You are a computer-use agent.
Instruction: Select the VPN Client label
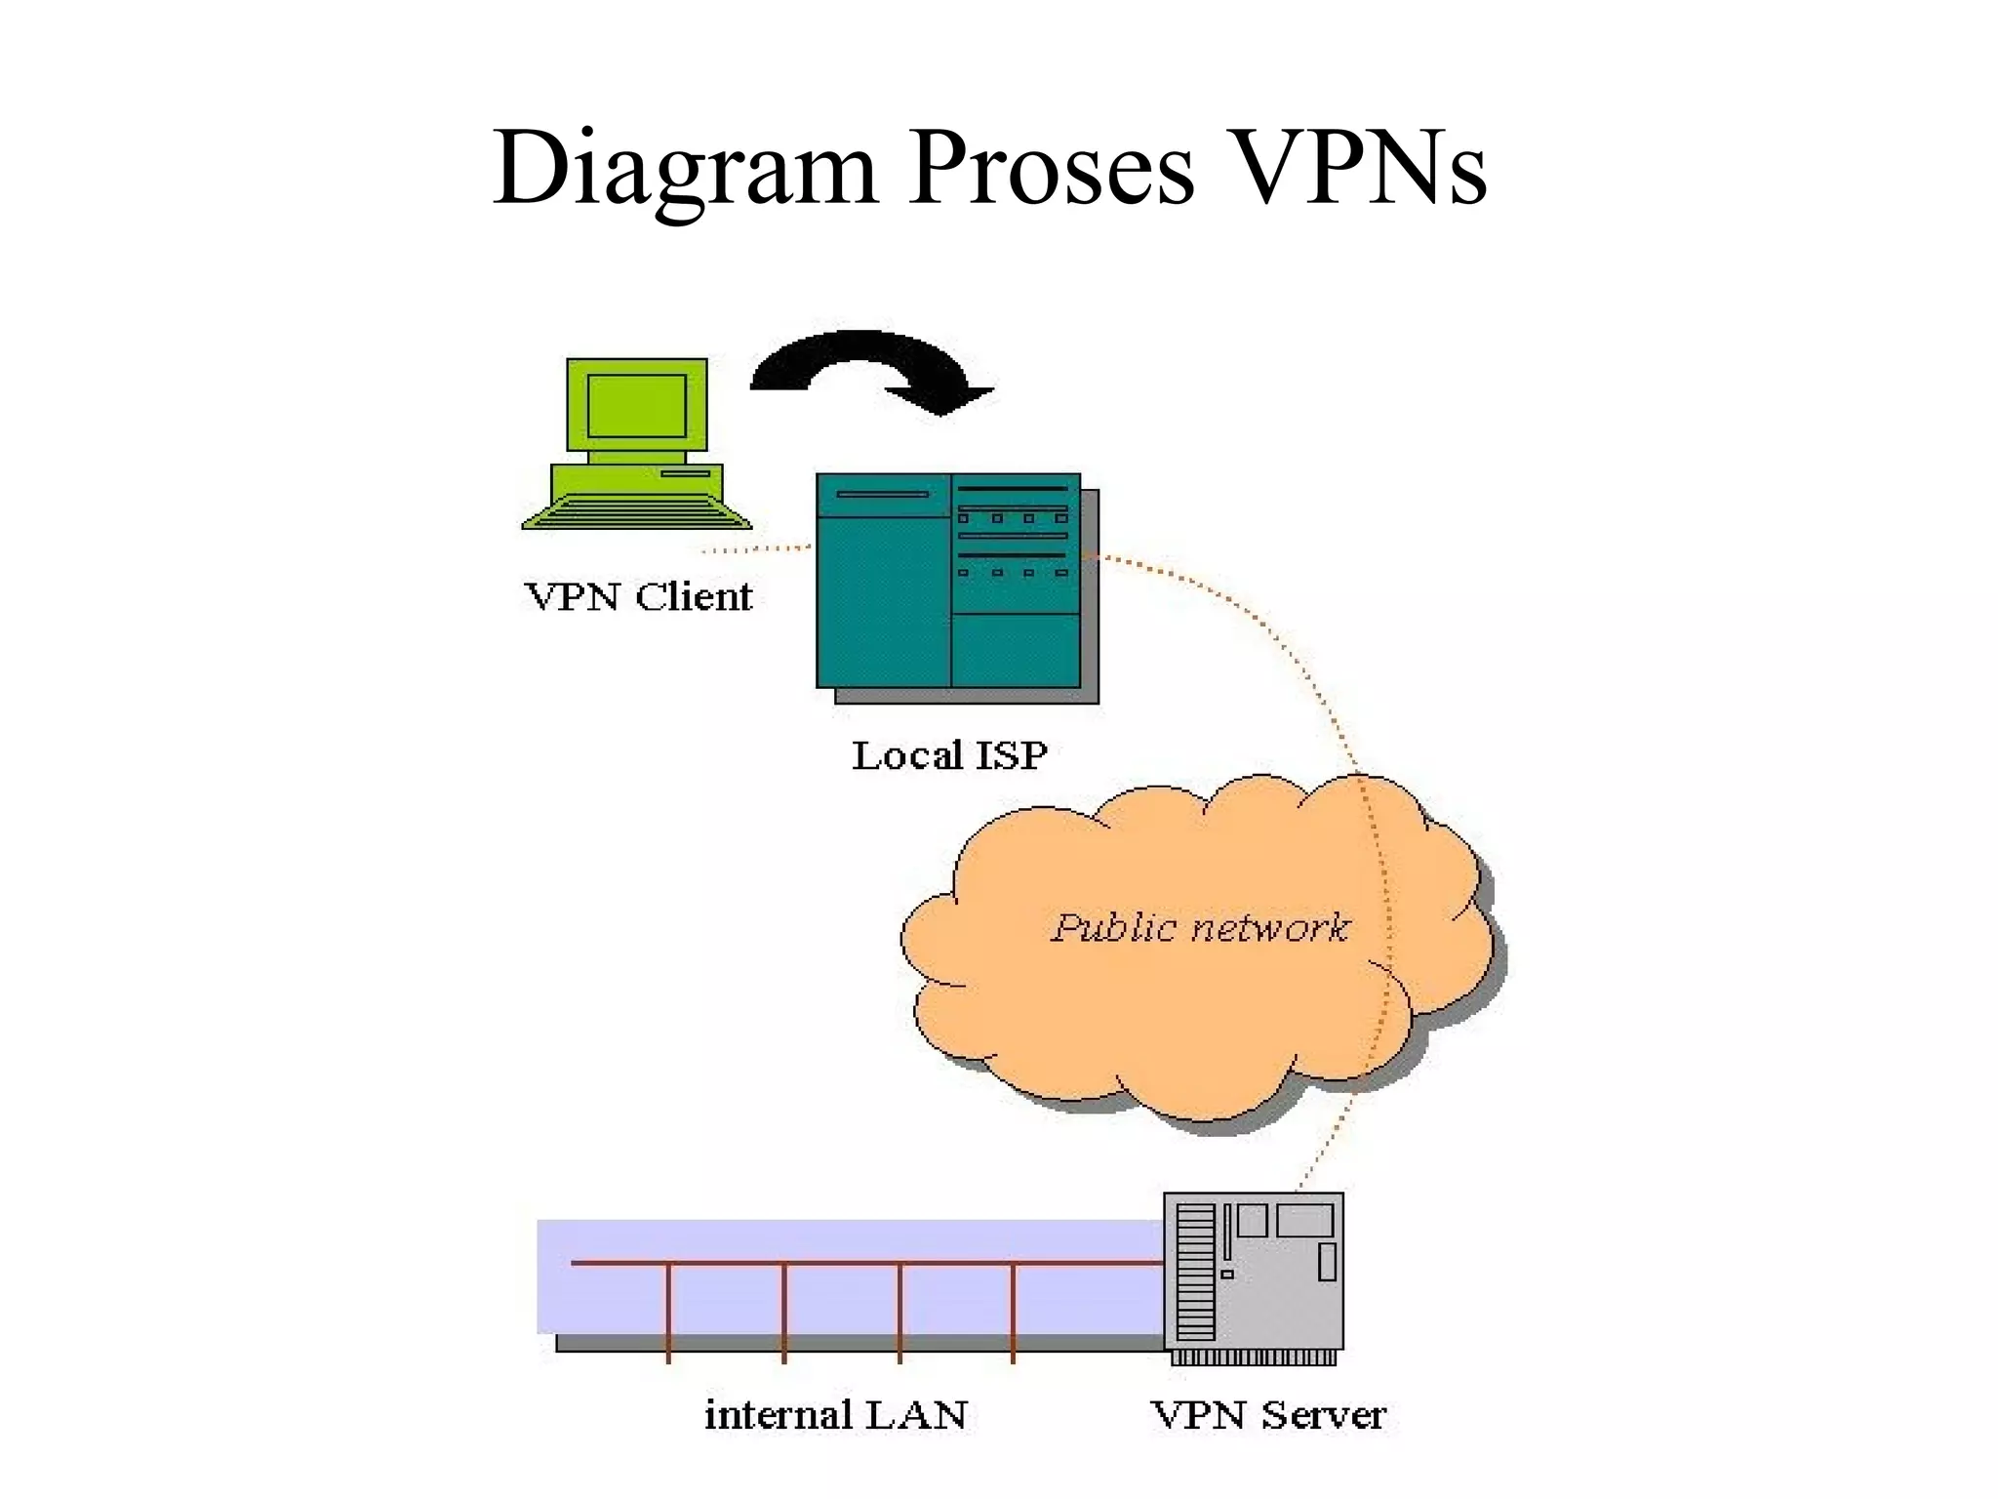pyautogui.click(x=638, y=596)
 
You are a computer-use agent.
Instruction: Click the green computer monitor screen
pyautogui.click(x=636, y=405)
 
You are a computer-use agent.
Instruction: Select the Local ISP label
pyautogui.click(x=949, y=754)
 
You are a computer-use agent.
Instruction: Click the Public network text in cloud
pyautogui.click(x=1199, y=927)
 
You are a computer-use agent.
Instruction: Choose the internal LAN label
pyautogui.click(x=836, y=1414)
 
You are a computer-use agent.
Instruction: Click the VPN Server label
pyautogui.click(x=1267, y=1414)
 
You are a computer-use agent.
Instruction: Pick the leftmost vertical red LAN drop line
pyautogui.click(x=668, y=1312)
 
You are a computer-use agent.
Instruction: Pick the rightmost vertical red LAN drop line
pyautogui.click(x=1013, y=1312)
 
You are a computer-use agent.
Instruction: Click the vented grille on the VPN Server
pyautogui.click(x=1195, y=1273)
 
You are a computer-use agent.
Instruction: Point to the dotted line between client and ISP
pyautogui.click(x=756, y=549)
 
